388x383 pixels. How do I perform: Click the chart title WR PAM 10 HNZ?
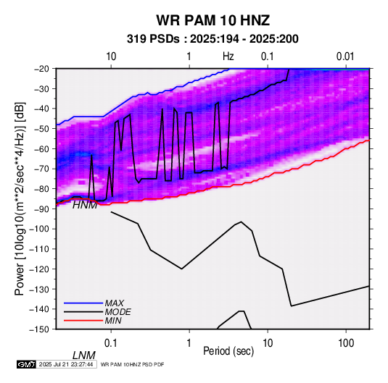(x=212, y=20)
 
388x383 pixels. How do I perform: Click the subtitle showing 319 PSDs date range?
(x=212, y=39)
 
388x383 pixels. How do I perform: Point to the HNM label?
(x=85, y=205)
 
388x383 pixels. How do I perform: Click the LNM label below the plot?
(x=84, y=355)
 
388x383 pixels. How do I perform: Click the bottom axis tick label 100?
(x=346, y=343)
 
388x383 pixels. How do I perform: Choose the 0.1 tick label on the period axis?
(x=111, y=343)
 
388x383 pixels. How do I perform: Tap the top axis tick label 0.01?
(x=345, y=56)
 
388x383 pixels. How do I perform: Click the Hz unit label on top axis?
(x=228, y=56)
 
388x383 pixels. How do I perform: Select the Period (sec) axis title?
(x=228, y=351)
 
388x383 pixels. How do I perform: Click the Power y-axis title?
(x=20, y=198)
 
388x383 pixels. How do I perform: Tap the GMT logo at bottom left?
(x=27, y=364)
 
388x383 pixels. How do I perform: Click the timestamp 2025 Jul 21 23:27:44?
(x=66, y=364)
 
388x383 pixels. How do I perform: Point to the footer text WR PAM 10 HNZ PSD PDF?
(x=133, y=364)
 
